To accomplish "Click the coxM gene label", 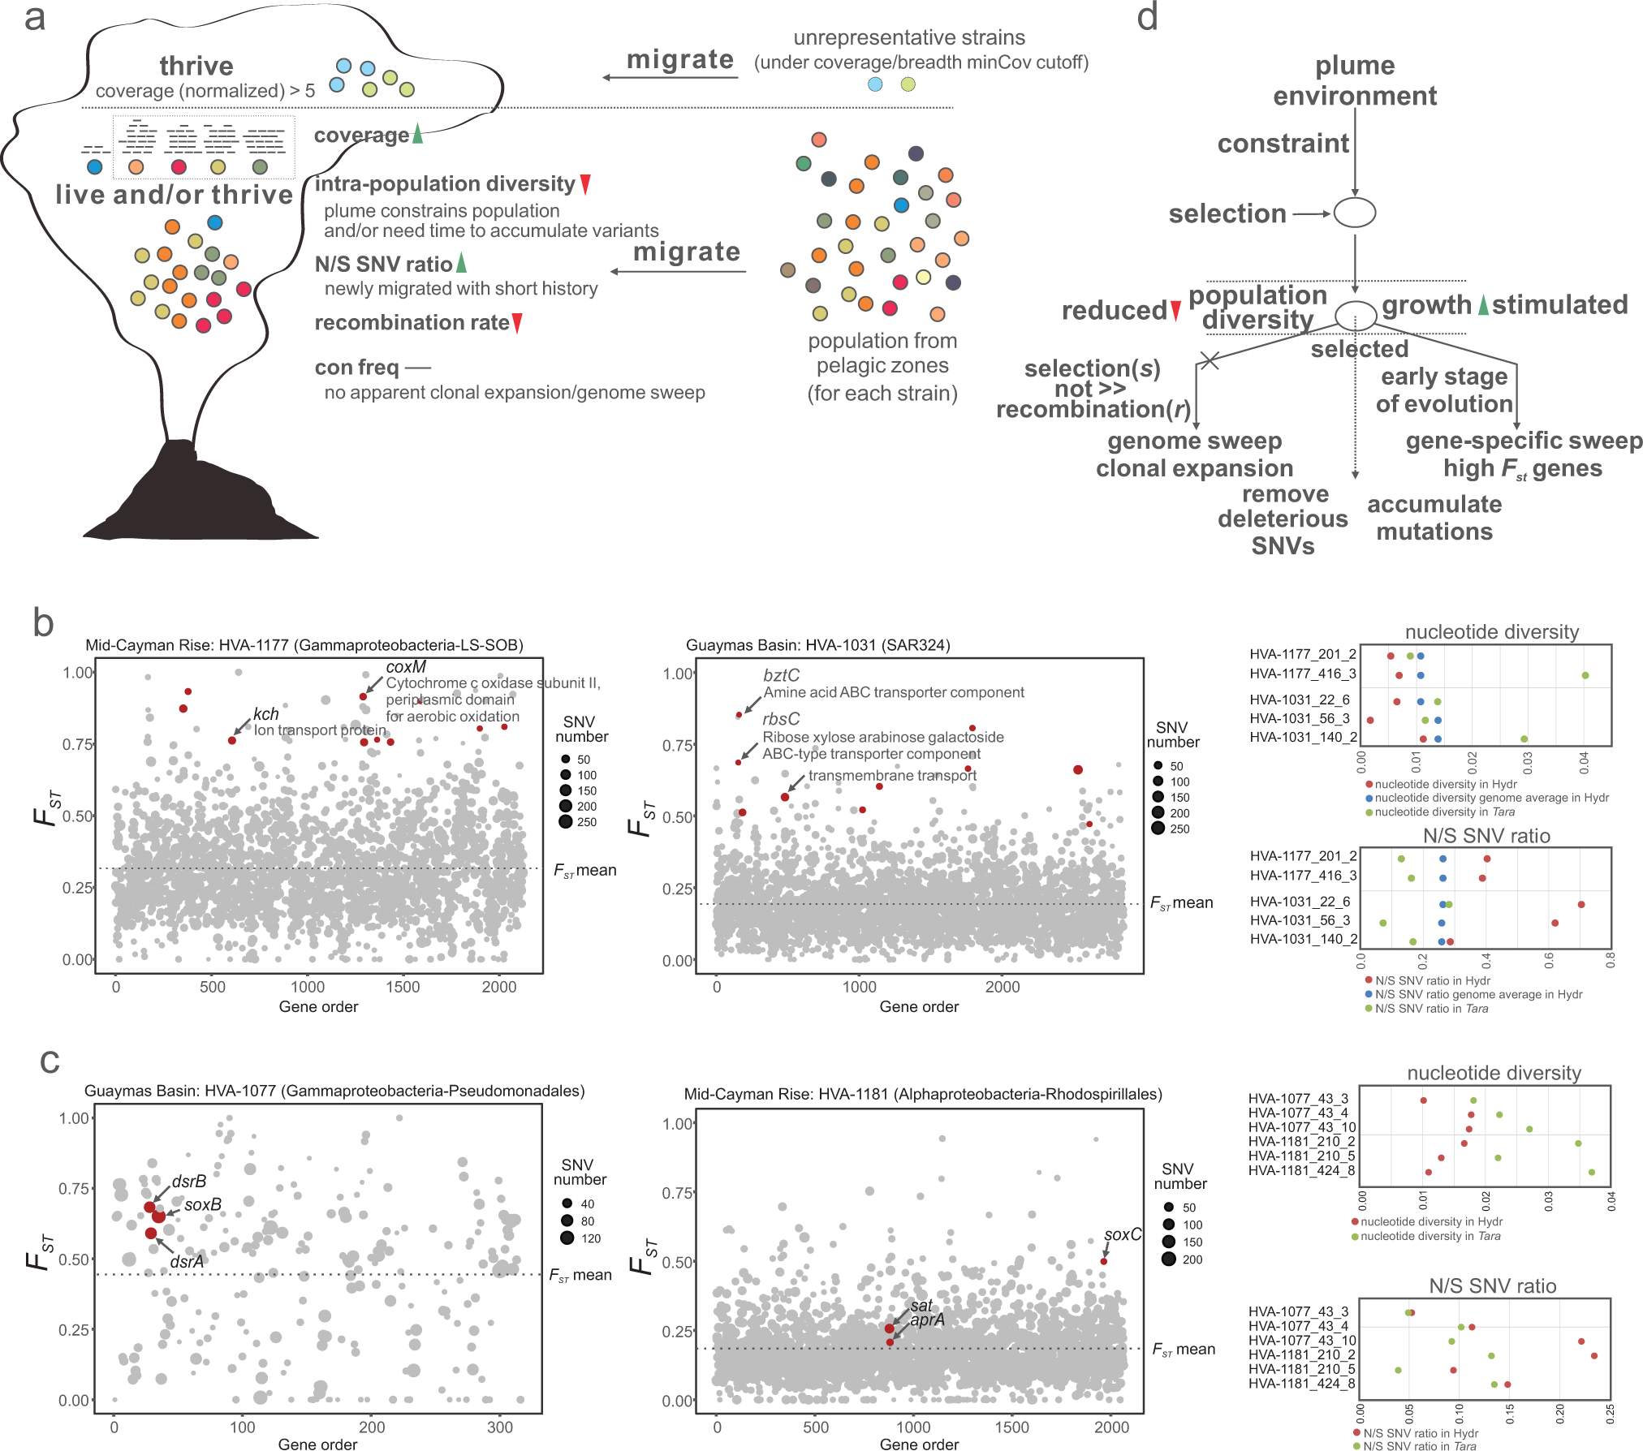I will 406,667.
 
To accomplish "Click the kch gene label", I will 265,714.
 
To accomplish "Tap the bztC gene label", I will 781,675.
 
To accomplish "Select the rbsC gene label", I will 781,719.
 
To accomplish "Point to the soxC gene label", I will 1122,1234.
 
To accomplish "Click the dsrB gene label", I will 188,1182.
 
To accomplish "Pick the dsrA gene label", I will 187,1262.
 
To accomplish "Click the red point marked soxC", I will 1103,1261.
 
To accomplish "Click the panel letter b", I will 43,623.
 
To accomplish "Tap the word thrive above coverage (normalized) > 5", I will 196,66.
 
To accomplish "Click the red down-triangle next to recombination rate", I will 517,323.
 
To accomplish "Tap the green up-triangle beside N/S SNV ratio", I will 461,263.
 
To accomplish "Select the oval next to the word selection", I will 1355,213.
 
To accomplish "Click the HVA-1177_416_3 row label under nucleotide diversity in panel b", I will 1302,674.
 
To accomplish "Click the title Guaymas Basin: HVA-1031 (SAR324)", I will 817,645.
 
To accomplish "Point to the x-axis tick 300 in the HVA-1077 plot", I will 500,1427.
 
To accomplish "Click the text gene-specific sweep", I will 1524,441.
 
